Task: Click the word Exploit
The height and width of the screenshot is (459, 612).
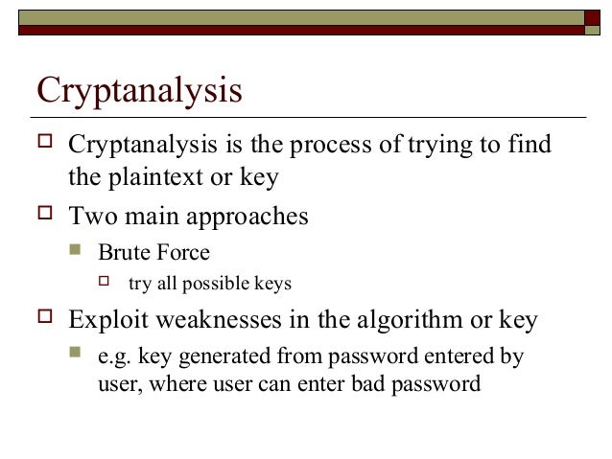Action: (x=105, y=321)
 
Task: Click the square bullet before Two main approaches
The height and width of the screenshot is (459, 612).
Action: (x=43, y=217)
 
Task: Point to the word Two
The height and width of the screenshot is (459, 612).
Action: (x=91, y=217)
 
